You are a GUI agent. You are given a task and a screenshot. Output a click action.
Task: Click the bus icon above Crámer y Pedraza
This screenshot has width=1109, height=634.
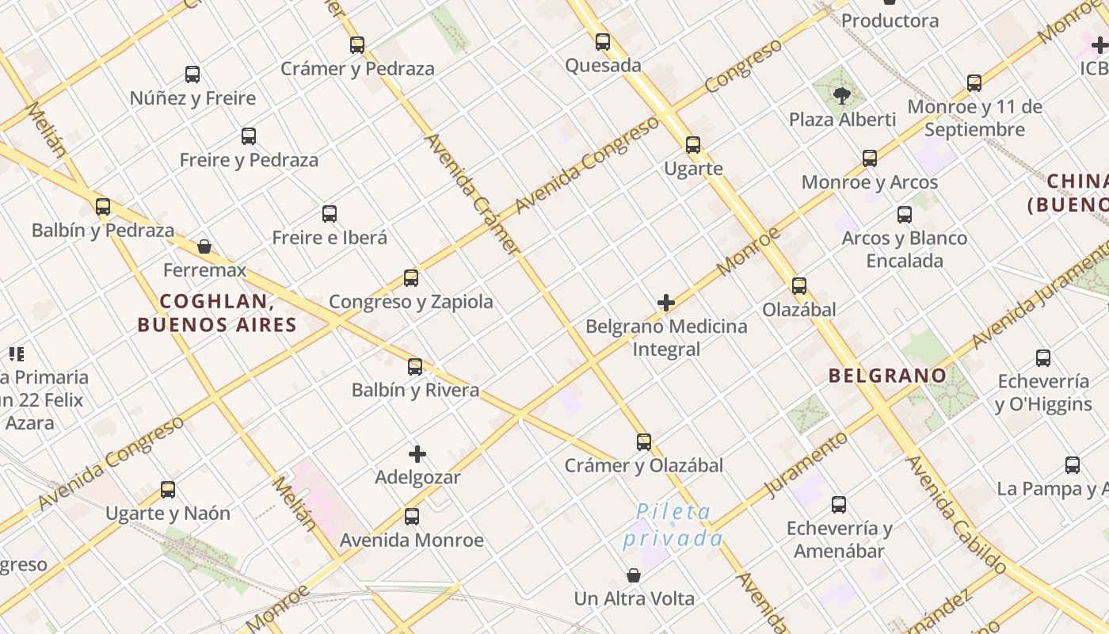tap(357, 45)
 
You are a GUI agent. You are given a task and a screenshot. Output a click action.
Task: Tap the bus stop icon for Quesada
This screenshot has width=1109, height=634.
tap(603, 42)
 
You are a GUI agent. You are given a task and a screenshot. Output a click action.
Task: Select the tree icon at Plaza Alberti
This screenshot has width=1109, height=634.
tap(841, 96)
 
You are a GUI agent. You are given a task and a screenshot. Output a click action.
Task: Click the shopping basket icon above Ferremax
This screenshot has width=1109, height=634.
tap(204, 246)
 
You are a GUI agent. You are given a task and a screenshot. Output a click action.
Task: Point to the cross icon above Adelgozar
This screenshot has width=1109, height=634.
tap(417, 454)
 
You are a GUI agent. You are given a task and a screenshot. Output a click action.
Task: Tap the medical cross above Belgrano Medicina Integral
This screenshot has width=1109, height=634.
tap(666, 303)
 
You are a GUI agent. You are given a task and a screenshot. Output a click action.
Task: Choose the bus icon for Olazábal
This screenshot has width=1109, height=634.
tap(799, 286)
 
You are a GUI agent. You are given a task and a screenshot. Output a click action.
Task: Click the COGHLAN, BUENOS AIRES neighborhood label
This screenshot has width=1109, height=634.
tap(217, 313)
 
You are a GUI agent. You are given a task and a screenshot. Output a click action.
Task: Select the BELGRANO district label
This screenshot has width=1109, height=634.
tap(887, 376)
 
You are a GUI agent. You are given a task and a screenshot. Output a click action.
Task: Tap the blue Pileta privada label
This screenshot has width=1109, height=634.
tap(674, 525)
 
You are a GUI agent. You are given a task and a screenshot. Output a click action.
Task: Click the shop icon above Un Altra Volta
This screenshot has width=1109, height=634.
tap(634, 575)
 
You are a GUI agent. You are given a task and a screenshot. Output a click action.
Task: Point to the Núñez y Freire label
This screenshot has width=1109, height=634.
tap(192, 98)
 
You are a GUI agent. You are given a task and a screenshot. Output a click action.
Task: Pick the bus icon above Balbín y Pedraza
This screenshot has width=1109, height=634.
tap(103, 207)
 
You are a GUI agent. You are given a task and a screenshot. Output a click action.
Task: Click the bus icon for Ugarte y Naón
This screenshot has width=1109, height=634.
tap(168, 490)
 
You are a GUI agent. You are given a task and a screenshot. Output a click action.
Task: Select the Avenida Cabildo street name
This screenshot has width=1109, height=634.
tap(956, 514)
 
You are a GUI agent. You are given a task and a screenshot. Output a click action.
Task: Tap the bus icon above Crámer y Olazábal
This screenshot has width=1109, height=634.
tap(644, 442)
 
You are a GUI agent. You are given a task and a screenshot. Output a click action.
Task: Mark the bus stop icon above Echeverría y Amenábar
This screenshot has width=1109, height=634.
tap(839, 504)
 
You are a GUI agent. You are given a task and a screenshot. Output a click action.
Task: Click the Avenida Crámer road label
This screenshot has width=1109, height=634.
tap(473, 194)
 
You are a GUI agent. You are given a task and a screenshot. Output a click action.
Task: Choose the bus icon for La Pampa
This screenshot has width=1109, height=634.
tap(1073, 465)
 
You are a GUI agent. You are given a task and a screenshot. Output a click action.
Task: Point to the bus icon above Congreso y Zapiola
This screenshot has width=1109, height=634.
tap(411, 278)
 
